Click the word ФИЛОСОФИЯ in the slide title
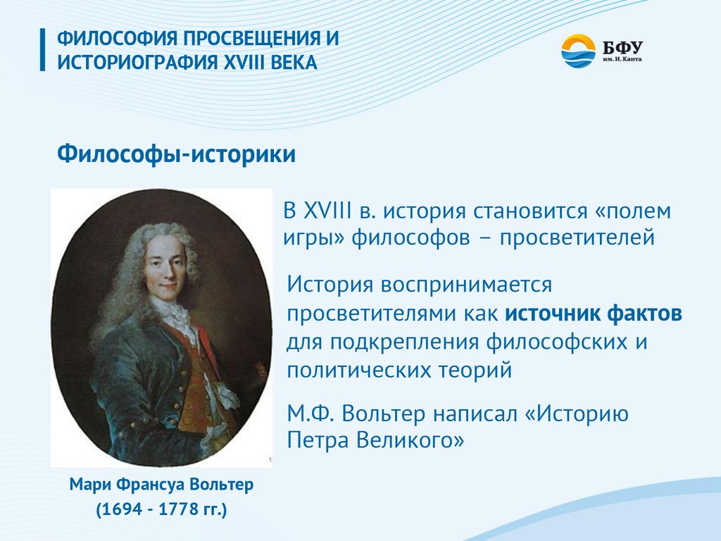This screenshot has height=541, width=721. pyautogui.click(x=118, y=38)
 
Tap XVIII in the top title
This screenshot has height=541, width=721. pyautogui.click(x=244, y=63)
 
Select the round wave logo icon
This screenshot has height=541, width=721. pyautogui.click(x=579, y=51)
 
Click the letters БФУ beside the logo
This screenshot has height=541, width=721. pyautogui.click(x=622, y=46)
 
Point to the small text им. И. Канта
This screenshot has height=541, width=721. pyautogui.click(x=622, y=59)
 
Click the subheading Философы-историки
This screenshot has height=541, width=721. pyautogui.click(x=176, y=154)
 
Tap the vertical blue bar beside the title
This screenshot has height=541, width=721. pyautogui.click(x=43, y=50)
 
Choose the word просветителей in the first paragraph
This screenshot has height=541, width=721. pyautogui.click(x=577, y=238)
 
